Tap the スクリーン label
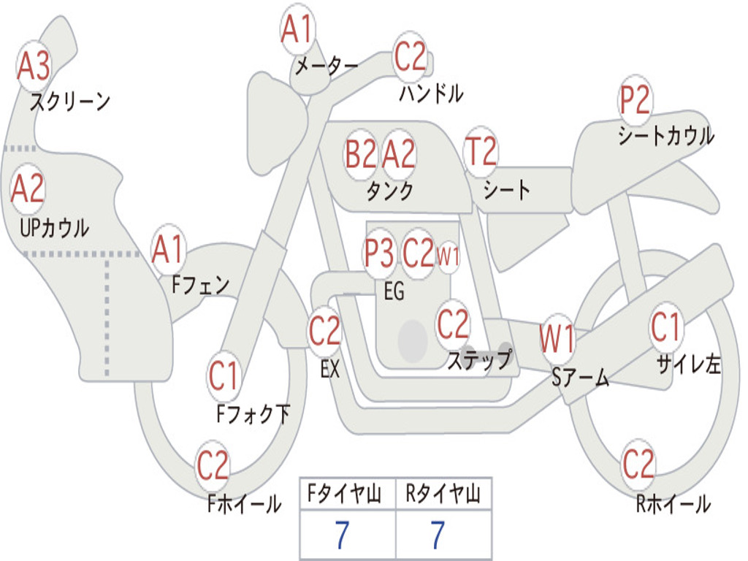click(x=70, y=102)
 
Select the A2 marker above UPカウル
click(x=28, y=189)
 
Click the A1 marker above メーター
click(x=298, y=29)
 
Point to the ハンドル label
click(x=431, y=93)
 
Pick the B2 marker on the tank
click(x=361, y=154)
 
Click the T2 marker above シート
click(x=481, y=151)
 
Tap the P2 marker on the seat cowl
click(x=635, y=100)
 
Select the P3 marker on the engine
click(x=380, y=253)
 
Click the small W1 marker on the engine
click(x=449, y=256)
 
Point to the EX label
click(x=330, y=369)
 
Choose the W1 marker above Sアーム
click(x=557, y=339)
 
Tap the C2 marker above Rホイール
click(x=638, y=464)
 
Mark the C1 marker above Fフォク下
click(x=224, y=376)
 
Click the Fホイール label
click(x=244, y=504)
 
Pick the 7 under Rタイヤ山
click(x=438, y=534)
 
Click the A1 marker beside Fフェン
click(x=169, y=250)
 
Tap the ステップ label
click(x=479, y=359)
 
